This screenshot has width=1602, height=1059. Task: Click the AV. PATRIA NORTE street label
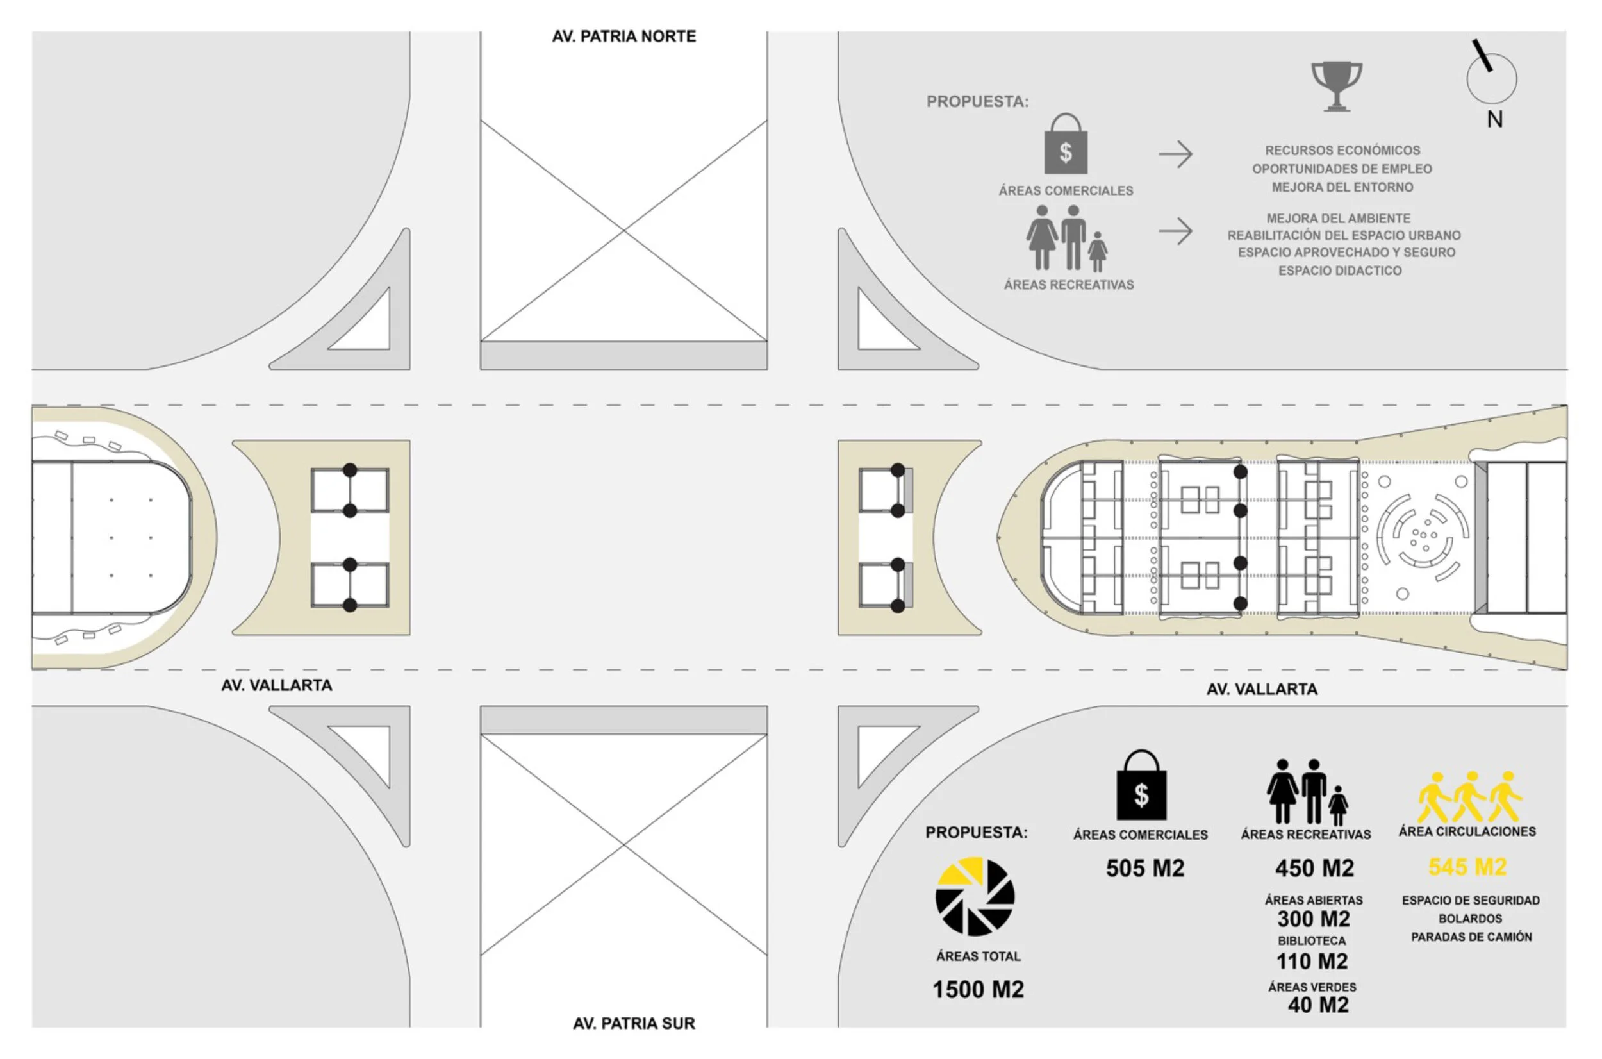click(x=623, y=37)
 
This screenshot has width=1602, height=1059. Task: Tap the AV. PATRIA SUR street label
click(x=634, y=1023)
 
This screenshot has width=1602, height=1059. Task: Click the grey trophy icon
click(x=1336, y=87)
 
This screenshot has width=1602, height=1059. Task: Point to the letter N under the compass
click(x=1494, y=119)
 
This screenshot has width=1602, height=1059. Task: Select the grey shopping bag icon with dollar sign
click(x=1066, y=144)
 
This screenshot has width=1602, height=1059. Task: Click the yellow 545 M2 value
click(x=1467, y=867)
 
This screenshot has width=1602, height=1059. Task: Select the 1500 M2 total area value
click(x=979, y=989)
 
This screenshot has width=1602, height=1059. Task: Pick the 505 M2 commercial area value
click(x=1145, y=868)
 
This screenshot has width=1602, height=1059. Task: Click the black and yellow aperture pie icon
click(x=975, y=897)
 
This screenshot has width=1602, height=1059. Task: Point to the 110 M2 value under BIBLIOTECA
click(x=1312, y=961)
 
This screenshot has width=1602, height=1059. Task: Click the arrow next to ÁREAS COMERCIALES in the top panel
click(x=1175, y=154)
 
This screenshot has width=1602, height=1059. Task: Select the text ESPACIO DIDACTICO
click(x=1340, y=271)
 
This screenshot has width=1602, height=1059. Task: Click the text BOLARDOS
click(x=1471, y=919)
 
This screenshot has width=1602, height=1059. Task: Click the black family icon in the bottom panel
click(x=1307, y=792)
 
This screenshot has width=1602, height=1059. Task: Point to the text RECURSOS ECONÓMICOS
click(x=1342, y=151)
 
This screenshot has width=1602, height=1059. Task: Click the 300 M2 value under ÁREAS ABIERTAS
click(x=1314, y=919)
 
